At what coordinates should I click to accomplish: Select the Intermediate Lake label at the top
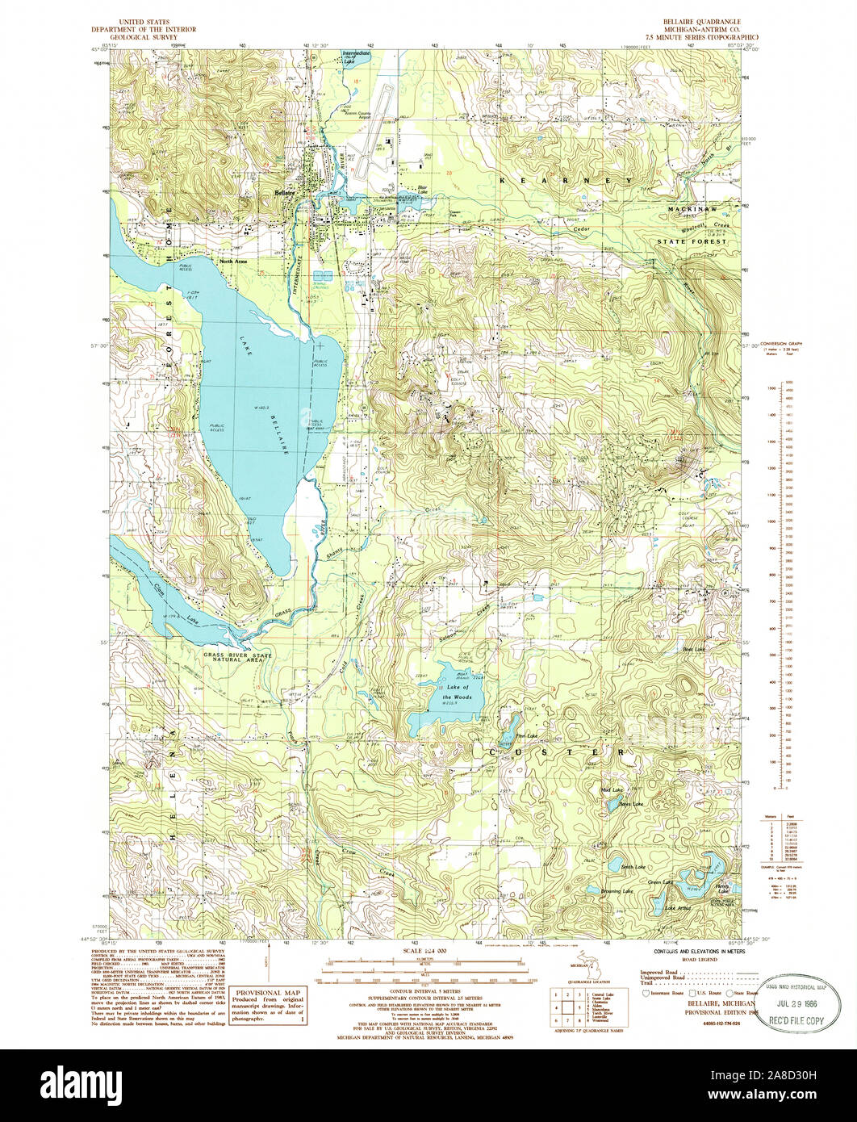(355, 56)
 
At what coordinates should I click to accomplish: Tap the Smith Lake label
(634, 867)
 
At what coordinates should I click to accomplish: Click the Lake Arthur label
(678, 908)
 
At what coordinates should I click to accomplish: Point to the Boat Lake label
(694, 649)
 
